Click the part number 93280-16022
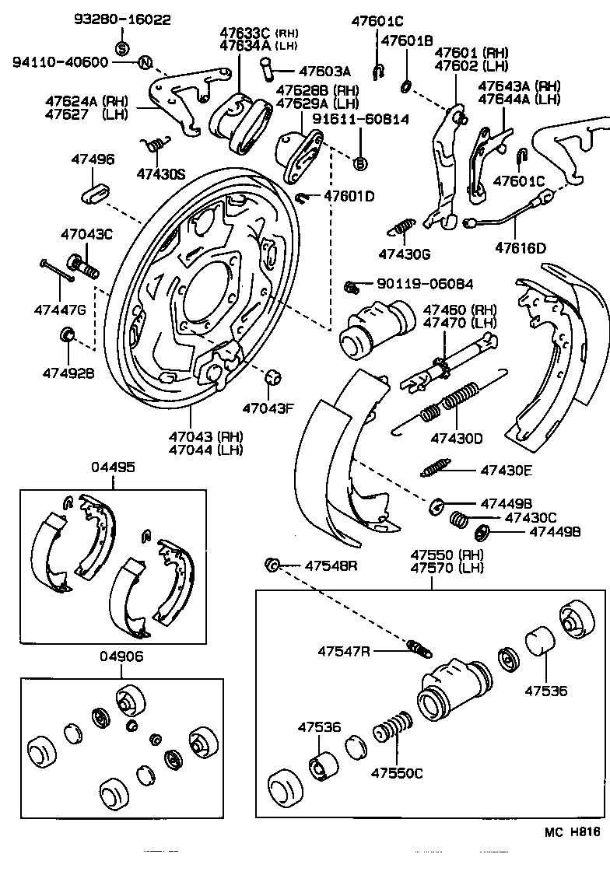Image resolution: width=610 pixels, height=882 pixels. pyautogui.click(x=123, y=19)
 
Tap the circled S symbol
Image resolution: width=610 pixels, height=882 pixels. pyautogui.click(x=122, y=48)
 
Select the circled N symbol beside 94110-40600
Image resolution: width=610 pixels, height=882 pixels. pyautogui.click(x=145, y=62)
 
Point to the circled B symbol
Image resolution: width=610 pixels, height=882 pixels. pyautogui.click(x=360, y=163)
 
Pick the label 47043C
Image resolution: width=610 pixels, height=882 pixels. pyautogui.click(x=87, y=233)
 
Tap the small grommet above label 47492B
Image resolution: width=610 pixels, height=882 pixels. pyautogui.click(x=68, y=335)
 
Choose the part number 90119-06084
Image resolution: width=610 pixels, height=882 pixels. pyautogui.click(x=427, y=285)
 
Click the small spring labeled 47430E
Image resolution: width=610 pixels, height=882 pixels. pyautogui.click(x=433, y=470)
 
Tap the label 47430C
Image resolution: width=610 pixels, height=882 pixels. pyautogui.click(x=531, y=517)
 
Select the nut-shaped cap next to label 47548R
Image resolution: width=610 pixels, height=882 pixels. pyautogui.click(x=272, y=565)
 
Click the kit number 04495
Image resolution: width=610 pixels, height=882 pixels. pyautogui.click(x=113, y=467)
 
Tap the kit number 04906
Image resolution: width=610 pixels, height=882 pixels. pyautogui.click(x=121, y=656)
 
